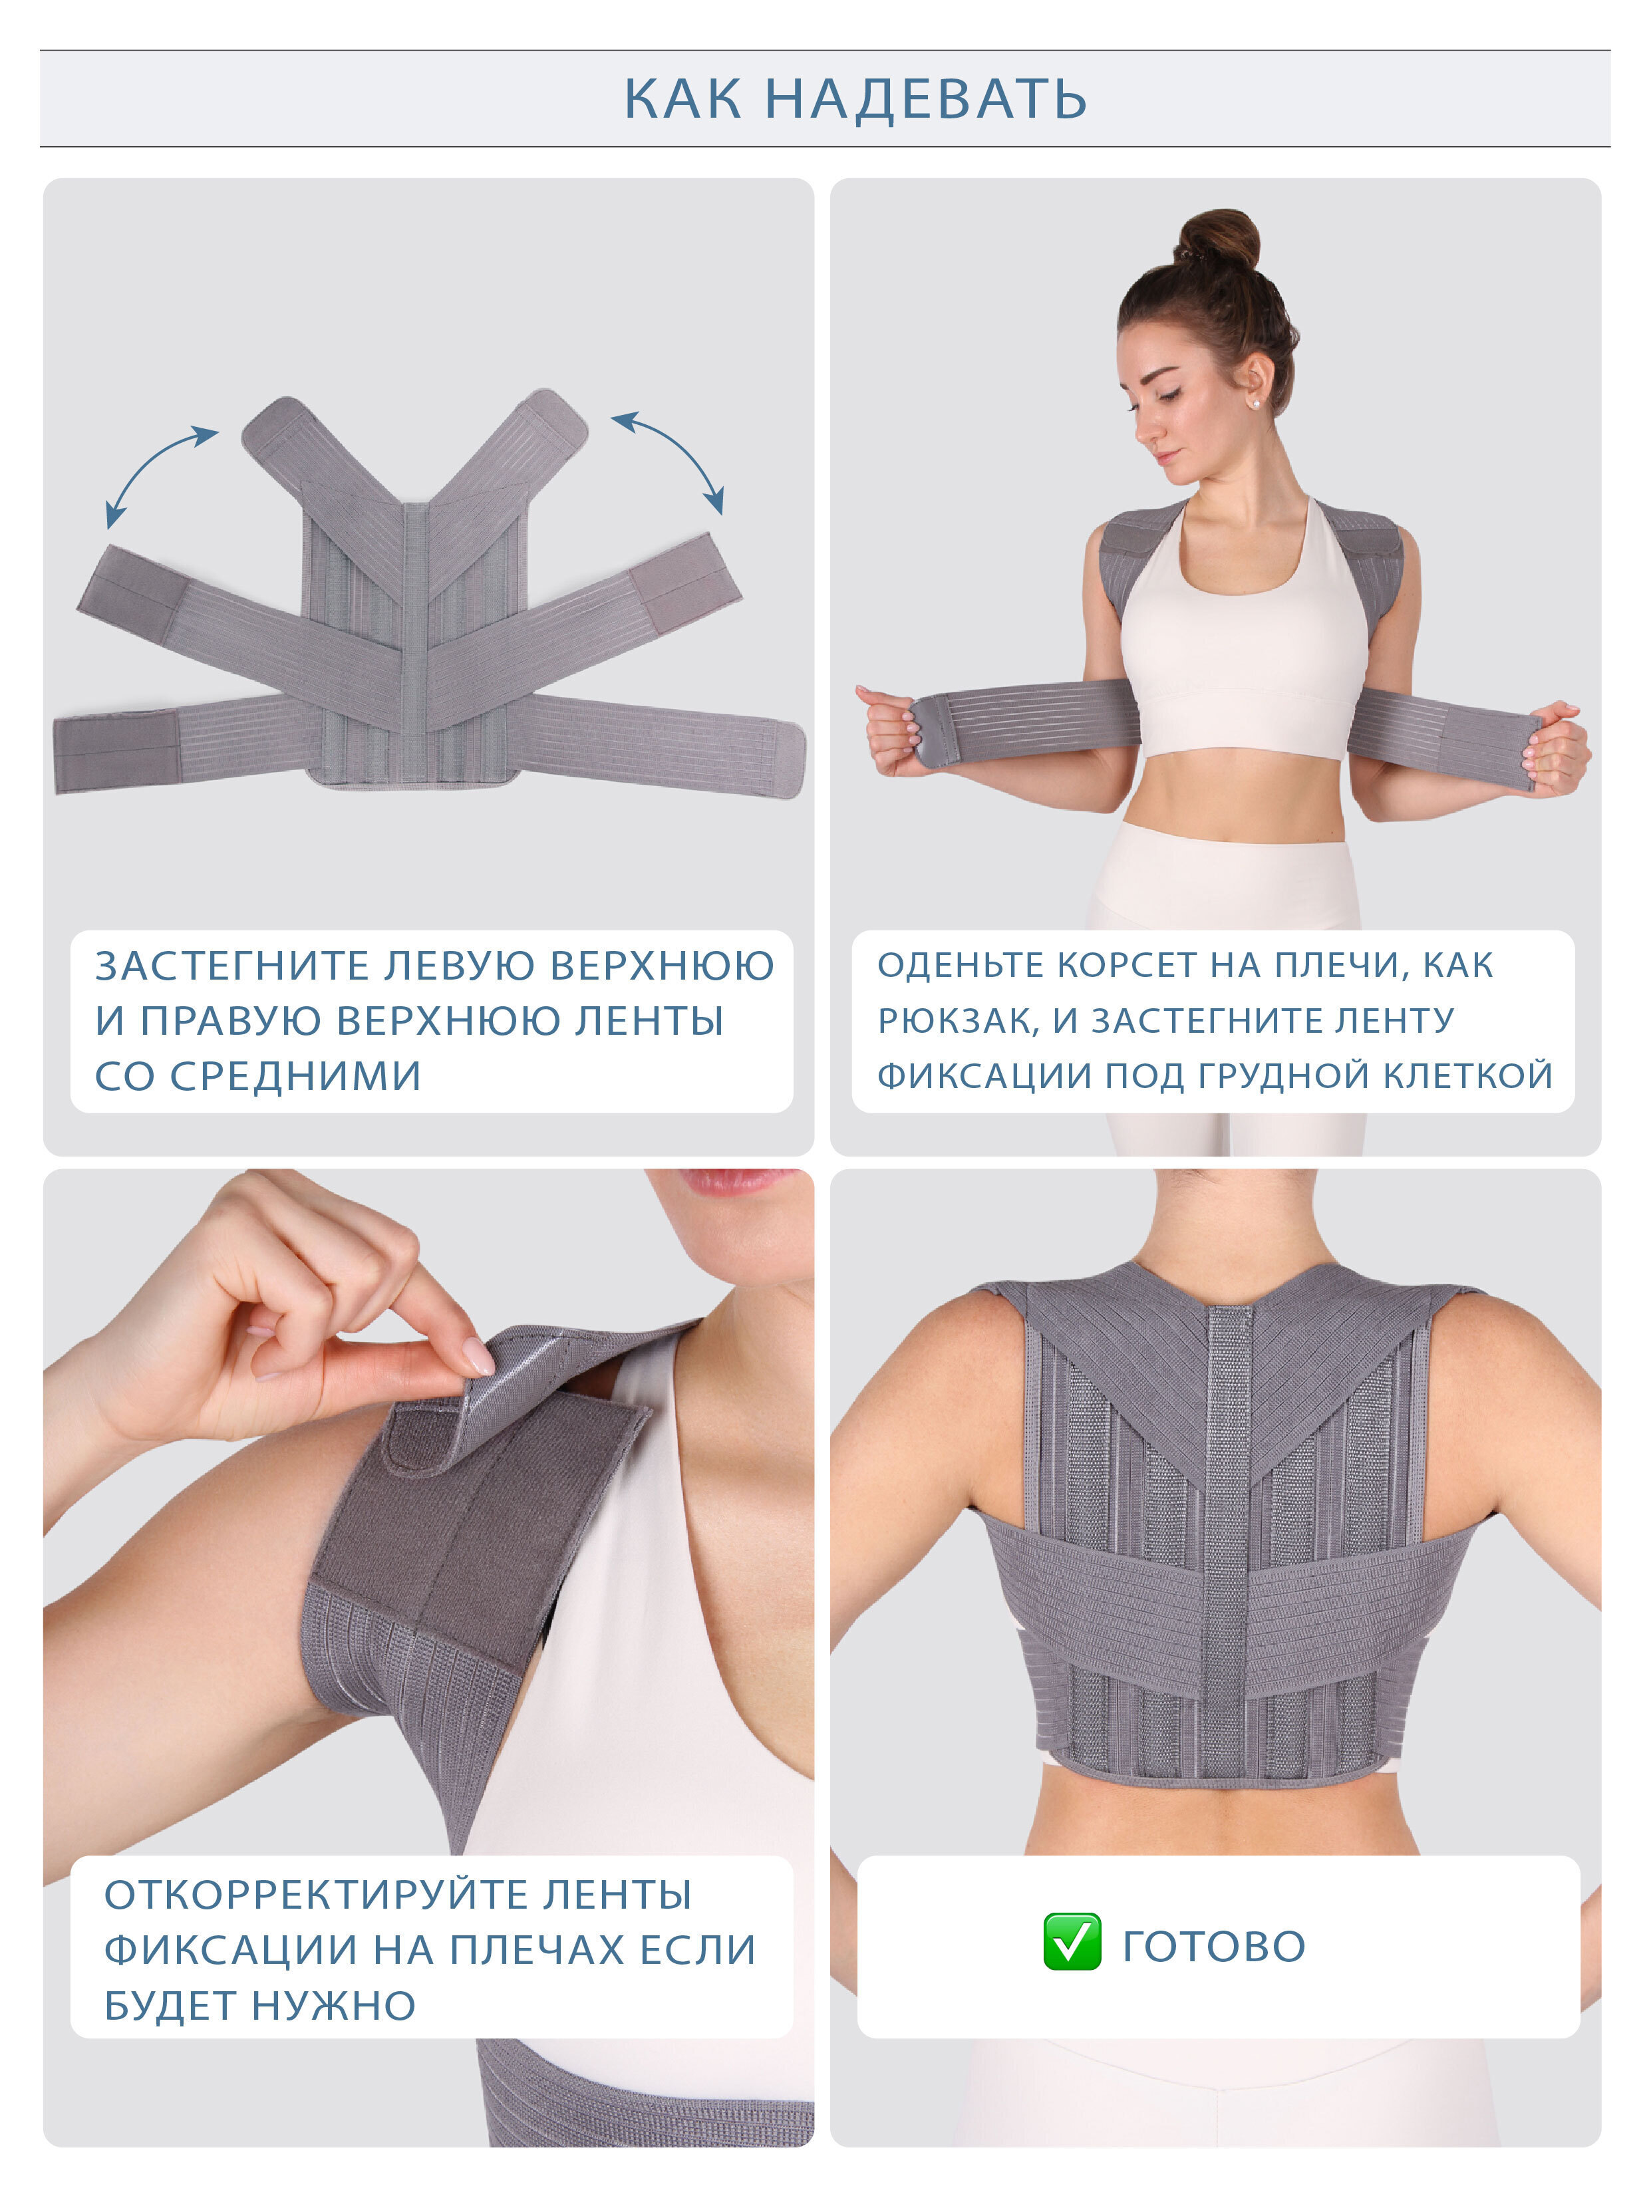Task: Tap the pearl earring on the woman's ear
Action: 1254,404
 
